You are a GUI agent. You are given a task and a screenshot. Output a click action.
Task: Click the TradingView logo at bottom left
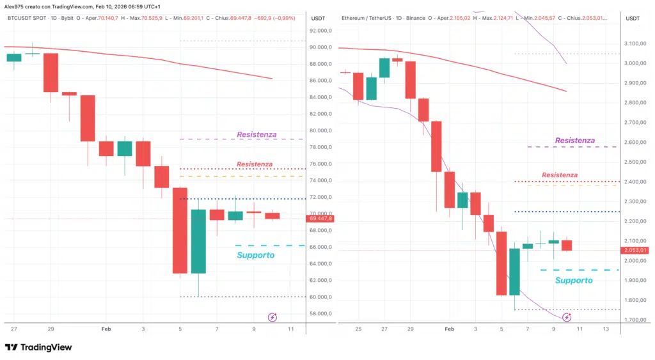coord(38,347)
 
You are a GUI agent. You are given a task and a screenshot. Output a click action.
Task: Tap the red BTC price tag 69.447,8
coord(320,219)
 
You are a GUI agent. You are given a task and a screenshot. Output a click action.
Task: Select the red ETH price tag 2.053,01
coord(635,250)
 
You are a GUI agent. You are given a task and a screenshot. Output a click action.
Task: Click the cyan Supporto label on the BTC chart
coord(255,255)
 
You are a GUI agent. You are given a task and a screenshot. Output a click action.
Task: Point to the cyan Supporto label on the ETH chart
coord(573,280)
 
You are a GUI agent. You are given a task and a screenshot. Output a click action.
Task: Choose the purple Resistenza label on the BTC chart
coord(256,134)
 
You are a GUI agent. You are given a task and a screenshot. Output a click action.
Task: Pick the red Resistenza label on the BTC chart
coord(254,164)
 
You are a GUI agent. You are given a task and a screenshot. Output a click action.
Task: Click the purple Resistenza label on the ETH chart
coord(574,140)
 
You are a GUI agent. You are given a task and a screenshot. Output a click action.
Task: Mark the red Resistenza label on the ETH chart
coord(559,175)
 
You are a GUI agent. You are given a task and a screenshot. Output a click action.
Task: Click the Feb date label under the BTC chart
coord(106,328)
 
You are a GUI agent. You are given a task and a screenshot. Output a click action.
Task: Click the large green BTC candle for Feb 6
coord(198,241)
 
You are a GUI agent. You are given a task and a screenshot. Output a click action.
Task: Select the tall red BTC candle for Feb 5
coord(180,230)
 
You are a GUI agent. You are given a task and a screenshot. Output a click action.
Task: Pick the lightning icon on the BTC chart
coord(272,317)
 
